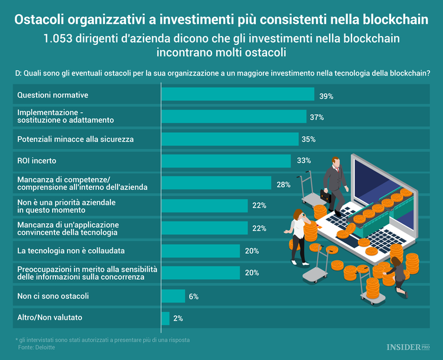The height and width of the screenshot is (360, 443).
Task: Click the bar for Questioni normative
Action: coord(237,94)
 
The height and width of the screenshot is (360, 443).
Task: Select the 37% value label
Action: coord(317,117)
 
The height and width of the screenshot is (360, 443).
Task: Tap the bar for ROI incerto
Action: coord(226,161)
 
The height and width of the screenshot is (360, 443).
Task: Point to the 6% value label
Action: coord(193,296)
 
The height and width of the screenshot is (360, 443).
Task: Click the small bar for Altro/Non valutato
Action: coord(165,318)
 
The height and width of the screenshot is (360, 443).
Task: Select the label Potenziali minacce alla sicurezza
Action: coord(76,139)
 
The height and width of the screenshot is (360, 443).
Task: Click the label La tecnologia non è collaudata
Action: coord(71,251)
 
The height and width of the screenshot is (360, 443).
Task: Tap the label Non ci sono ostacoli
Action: coord(53,296)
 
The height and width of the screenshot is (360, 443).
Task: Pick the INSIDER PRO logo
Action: coord(408,348)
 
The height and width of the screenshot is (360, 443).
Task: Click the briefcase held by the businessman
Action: coord(327,194)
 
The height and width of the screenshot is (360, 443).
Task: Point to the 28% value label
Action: coord(283,184)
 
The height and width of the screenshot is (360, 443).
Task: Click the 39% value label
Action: coord(327,95)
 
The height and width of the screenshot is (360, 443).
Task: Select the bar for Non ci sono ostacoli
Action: coord(173,296)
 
